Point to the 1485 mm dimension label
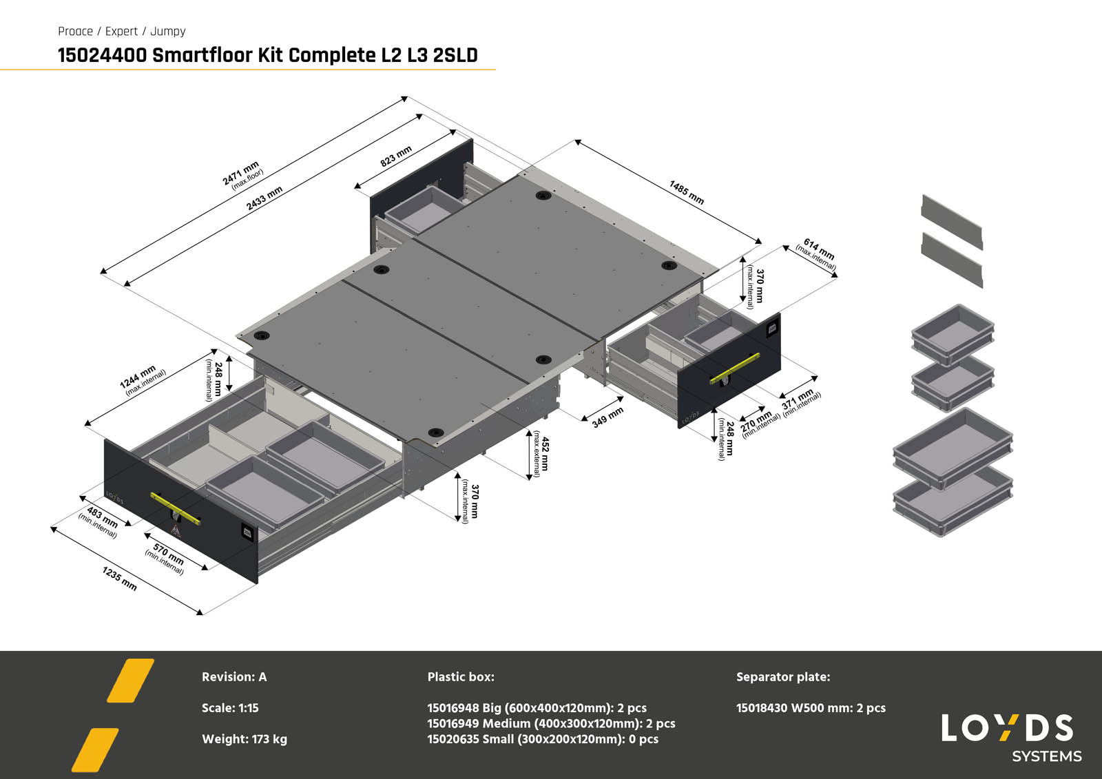(686, 193)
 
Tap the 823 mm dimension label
(396, 156)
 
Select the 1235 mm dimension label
(120, 579)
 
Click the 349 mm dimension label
(607, 417)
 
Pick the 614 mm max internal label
(818, 253)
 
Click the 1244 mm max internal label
(141, 380)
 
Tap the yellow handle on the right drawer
(734, 369)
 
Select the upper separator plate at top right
(952, 218)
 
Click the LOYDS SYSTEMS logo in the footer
(1009, 738)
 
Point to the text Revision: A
(234, 677)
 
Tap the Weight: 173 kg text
(245, 739)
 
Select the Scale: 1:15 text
(230, 708)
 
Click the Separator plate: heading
(783, 677)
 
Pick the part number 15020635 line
(543, 739)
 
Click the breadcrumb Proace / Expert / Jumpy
(122, 31)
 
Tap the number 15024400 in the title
(102, 55)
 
